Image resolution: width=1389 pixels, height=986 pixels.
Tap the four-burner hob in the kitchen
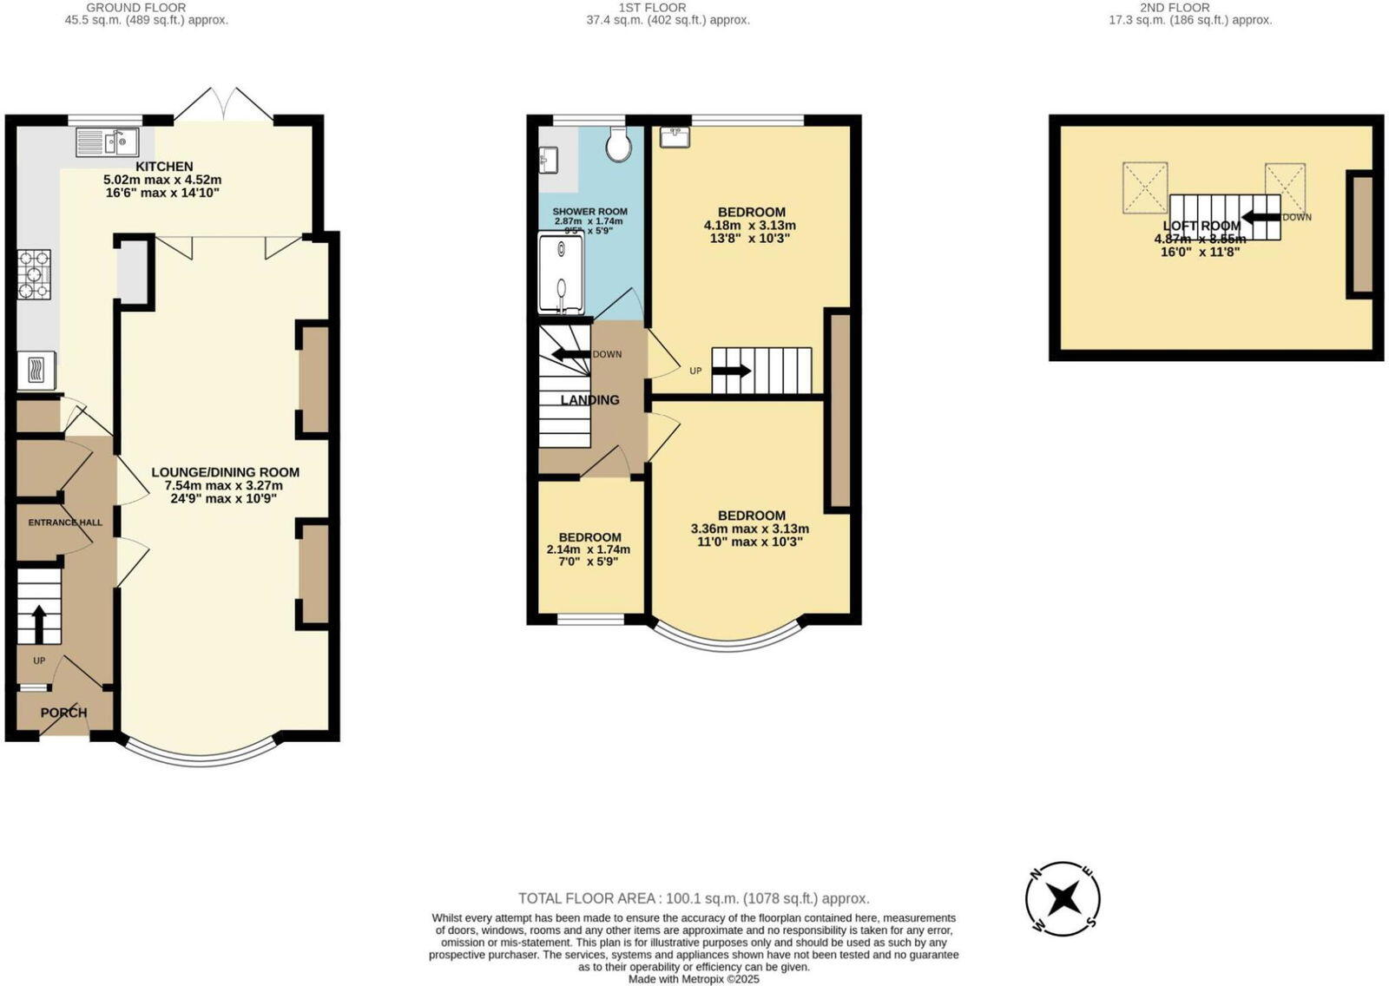point(34,274)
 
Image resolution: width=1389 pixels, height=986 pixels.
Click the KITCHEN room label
point(164,167)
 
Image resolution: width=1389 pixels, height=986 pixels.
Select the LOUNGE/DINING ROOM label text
point(226,472)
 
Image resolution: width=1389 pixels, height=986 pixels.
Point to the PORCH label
point(64,713)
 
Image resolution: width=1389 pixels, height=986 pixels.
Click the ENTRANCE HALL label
point(65,523)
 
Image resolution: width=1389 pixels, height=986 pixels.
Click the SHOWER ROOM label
point(589,212)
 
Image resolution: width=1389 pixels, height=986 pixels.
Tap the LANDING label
point(590,400)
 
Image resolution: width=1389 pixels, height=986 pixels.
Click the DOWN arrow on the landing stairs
point(569,354)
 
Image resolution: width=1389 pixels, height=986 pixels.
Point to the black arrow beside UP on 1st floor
point(731,371)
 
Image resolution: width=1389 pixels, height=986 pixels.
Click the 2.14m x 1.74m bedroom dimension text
point(589,549)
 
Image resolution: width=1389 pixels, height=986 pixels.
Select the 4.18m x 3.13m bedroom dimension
point(750,225)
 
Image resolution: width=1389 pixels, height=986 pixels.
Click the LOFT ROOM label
point(1202,226)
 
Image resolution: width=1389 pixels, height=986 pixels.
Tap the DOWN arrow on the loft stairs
point(1261,217)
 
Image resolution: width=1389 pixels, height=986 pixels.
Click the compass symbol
point(1063,898)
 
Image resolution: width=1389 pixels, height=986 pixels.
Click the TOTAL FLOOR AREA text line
point(694,898)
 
